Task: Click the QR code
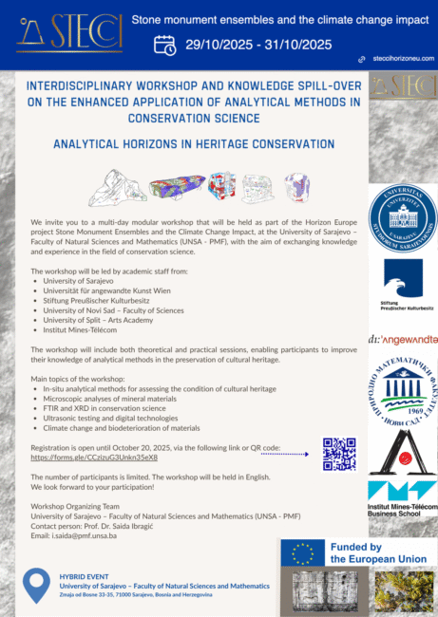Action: (339, 454)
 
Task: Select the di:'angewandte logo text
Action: (402, 339)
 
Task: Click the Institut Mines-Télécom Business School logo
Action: (402, 502)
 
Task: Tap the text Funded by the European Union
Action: (369, 553)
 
